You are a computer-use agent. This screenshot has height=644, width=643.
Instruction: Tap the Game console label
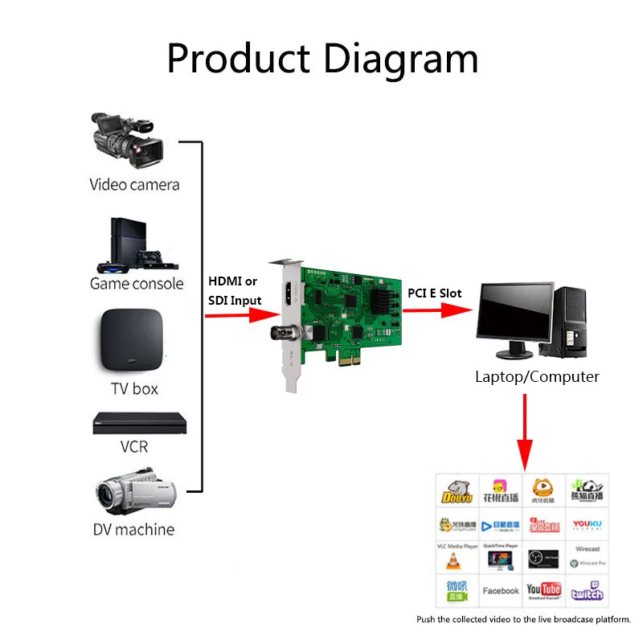(137, 284)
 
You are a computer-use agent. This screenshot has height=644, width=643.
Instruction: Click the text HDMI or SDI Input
(235, 290)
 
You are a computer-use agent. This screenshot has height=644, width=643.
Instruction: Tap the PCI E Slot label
(435, 293)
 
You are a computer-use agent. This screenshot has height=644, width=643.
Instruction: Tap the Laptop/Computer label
(537, 376)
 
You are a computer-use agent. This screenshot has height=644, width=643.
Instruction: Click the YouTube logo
(544, 590)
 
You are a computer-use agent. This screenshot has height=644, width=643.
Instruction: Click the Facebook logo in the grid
(501, 591)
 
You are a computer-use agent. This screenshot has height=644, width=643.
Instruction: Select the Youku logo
(587, 525)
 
